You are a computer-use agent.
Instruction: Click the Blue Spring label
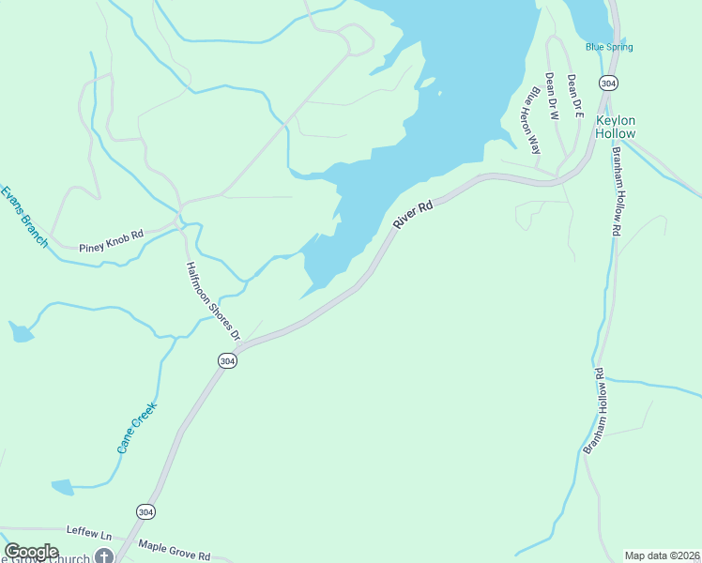[x=609, y=47]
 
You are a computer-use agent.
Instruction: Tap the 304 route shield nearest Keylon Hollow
[x=609, y=83]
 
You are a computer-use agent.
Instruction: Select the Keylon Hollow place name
[x=616, y=127]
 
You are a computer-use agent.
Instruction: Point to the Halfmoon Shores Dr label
[x=212, y=301]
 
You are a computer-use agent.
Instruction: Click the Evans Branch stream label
[x=23, y=217]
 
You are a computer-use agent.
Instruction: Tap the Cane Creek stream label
[x=136, y=428]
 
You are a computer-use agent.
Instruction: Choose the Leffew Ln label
[x=88, y=531]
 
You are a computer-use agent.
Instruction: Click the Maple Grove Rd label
[x=174, y=550]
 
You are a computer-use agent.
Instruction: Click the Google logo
[x=31, y=552]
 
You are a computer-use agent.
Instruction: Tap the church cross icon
[x=104, y=556]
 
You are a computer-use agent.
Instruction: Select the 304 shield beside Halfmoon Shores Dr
[x=226, y=360]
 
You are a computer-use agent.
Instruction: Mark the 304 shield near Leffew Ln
[x=145, y=511]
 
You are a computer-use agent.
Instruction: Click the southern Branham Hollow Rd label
[x=593, y=411]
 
